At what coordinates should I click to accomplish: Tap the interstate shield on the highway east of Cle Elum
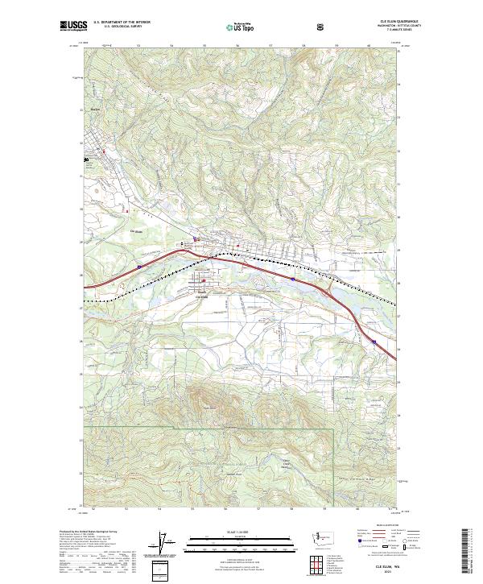click(292, 280)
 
